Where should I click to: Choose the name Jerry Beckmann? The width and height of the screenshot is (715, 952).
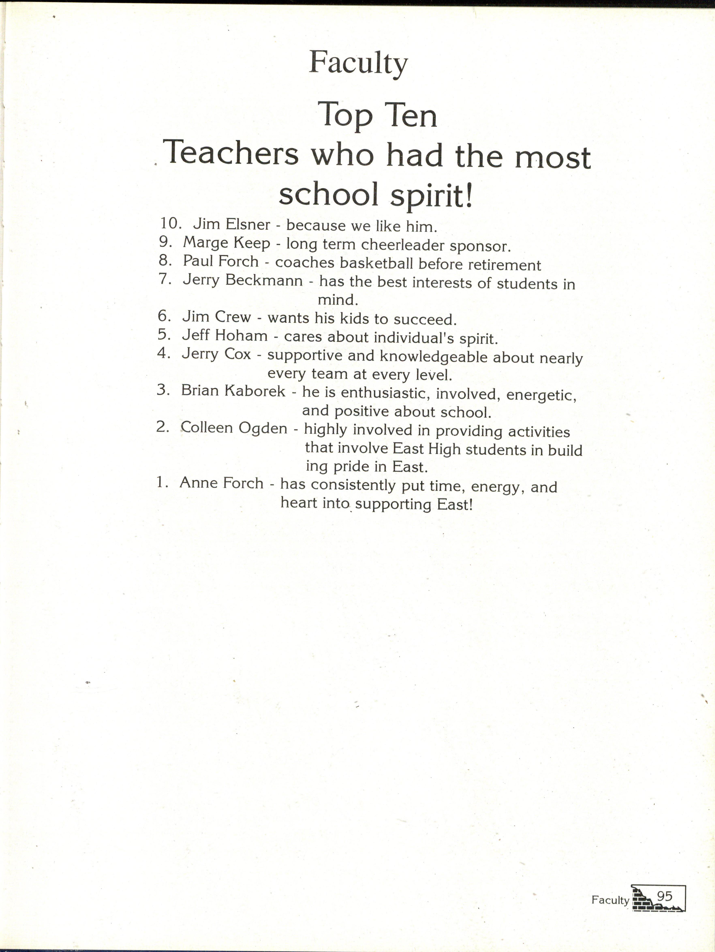point(243,281)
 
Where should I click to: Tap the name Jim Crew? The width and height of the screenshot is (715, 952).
point(216,317)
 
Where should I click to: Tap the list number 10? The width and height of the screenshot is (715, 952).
point(171,223)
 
